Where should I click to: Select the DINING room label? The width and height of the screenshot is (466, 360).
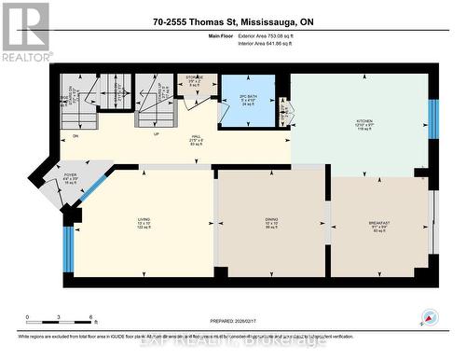pyautogui.click(x=271, y=223)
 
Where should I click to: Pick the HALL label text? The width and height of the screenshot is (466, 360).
pyautogui.click(x=197, y=138)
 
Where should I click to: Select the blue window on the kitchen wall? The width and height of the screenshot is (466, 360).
pyautogui.click(x=432, y=118)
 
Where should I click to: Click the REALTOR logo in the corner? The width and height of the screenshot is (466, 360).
pyautogui.click(x=25, y=31)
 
